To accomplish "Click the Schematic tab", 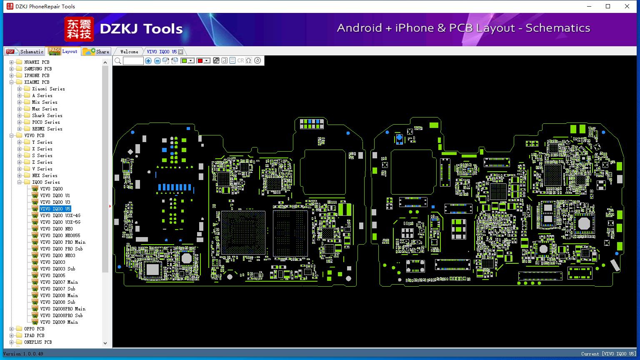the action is [25, 51].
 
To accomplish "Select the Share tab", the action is [96, 51].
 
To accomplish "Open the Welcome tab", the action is [129, 52].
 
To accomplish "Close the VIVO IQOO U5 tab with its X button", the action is [180, 52].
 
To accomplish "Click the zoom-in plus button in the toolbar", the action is [148, 60].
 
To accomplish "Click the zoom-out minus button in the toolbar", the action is [157, 60].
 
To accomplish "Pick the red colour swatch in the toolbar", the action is [200, 60].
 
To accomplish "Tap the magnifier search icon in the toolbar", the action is [118, 60].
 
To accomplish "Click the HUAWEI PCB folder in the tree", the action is [37, 62].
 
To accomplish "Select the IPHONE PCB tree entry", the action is [37, 75].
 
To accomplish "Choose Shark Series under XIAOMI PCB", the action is [47, 115].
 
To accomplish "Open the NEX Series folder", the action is [45, 175].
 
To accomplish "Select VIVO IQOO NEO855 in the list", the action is [60, 235].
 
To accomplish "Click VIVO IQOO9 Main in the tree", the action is [59, 322].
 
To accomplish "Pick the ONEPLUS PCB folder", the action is [38, 342].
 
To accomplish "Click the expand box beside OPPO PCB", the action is [11, 329].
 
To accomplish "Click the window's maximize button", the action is [608, 6].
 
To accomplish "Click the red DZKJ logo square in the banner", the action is [79, 29].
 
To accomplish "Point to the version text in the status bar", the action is [23, 354].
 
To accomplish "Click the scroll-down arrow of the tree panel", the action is [105, 343].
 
